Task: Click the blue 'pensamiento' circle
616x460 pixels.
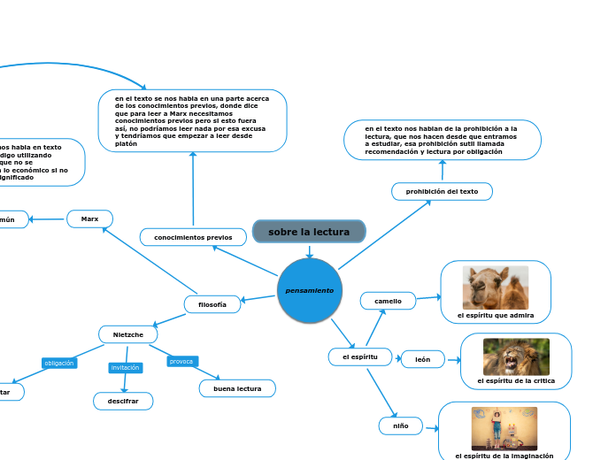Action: tap(309, 290)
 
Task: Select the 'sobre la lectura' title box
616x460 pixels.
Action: tap(309, 232)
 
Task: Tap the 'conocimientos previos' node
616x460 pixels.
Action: tap(192, 237)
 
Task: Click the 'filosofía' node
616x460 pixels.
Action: tap(212, 304)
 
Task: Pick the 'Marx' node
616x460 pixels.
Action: tap(89, 218)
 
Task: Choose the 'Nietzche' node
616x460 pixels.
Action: tap(127, 334)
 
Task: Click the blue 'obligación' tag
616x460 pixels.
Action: tap(59, 363)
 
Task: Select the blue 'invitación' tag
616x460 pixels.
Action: tap(126, 367)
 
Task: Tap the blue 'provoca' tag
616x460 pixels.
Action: tap(181, 361)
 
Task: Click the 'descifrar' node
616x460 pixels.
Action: tap(123, 402)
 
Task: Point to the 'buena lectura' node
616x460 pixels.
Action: tap(237, 388)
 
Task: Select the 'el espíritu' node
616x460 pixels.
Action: tap(359, 356)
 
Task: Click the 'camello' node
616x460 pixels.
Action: tap(388, 301)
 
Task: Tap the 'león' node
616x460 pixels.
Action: tap(423, 359)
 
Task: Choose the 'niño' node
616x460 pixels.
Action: tap(400, 425)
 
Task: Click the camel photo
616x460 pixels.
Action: tap(495, 287)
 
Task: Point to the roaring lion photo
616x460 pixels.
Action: tap(516, 356)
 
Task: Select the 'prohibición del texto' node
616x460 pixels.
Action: tap(442, 191)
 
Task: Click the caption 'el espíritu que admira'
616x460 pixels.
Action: tap(496, 315)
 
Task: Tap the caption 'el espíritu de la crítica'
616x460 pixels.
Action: tap(516, 380)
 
